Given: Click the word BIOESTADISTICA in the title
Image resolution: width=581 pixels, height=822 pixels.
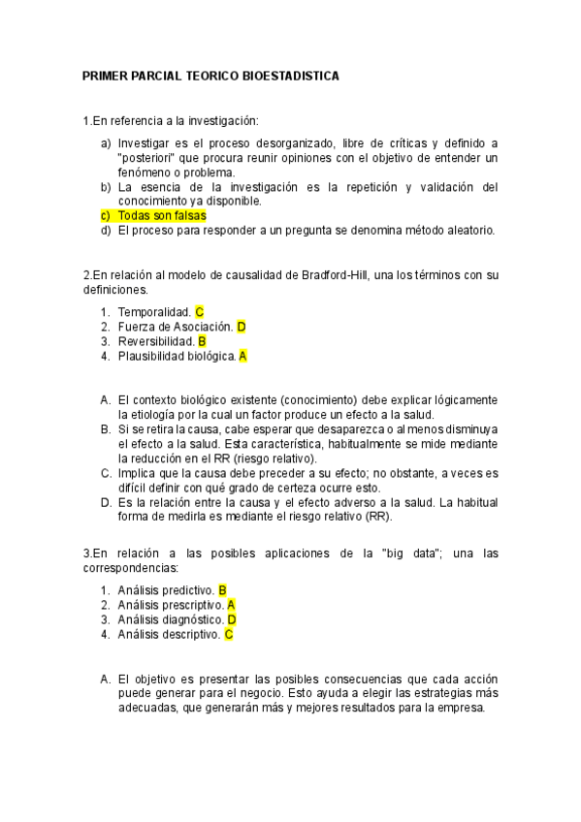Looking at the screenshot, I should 291,77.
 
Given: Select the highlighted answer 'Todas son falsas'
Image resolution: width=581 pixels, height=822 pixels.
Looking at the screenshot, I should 160,215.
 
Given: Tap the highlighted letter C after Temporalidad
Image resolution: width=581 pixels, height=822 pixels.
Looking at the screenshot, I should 199,312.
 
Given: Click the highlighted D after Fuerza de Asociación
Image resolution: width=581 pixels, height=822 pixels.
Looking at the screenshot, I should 242,327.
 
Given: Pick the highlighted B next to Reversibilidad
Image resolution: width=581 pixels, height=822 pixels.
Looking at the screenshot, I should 202,341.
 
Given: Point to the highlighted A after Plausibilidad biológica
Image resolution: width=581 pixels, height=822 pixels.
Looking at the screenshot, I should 242,356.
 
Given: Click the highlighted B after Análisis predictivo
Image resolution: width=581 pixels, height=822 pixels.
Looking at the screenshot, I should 222,589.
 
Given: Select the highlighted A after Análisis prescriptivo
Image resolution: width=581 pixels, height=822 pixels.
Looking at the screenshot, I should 231,604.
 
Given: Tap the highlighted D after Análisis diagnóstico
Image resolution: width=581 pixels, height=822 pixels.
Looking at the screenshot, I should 232,619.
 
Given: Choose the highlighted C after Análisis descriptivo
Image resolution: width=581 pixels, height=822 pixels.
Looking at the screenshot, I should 229,634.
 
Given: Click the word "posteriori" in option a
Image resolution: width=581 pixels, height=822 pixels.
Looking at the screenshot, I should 146,157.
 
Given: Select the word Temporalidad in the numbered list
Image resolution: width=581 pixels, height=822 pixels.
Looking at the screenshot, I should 153,312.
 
